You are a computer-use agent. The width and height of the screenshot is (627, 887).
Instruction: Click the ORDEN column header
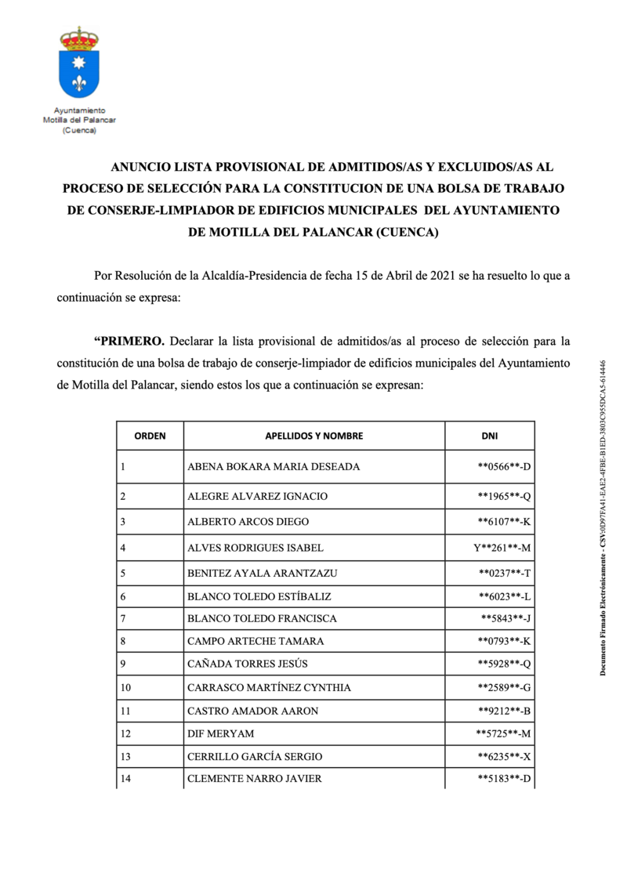click(x=150, y=436)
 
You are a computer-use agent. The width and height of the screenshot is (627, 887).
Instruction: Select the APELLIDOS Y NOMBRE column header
click(x=313, y=436)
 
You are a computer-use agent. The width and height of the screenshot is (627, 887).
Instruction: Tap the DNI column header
click(x=489, y=436)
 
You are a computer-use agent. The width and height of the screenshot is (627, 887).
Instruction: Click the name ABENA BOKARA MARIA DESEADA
click(x=274, y=467)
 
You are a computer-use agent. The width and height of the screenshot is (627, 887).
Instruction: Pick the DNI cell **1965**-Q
click(x=505, y=496)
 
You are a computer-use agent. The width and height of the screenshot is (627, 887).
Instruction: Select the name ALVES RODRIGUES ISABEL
click(x=256, y=548)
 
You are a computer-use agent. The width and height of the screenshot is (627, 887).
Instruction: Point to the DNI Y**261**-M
click(x=502, y=548)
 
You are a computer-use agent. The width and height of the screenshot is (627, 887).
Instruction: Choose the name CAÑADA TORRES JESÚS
click(x=248, y=664)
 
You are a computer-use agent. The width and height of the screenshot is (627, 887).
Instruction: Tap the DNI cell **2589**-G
click(x=505, y=687)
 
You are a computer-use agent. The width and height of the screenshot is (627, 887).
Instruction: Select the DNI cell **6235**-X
click(x=505, y=756)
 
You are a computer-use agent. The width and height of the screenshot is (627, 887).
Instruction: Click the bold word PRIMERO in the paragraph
click(x=129, y=341)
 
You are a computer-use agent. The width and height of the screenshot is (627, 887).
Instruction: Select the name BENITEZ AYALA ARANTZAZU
click(x=263, y=573)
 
